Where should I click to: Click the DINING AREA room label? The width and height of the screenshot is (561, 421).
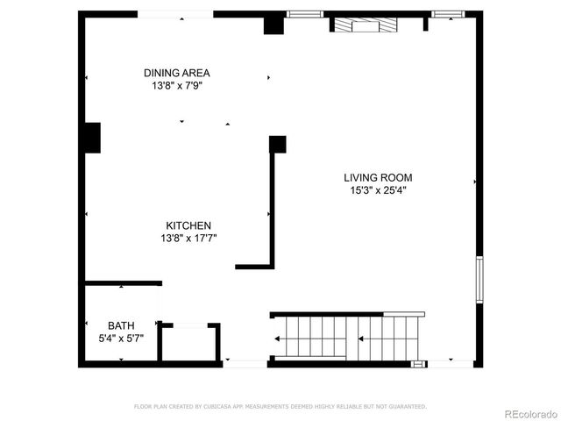point(177,73)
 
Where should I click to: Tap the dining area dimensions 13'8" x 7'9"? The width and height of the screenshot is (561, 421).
point(177,86)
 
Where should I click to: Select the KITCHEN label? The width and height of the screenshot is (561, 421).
point(188,225)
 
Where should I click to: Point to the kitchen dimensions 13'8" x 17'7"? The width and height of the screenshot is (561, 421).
point(188,238)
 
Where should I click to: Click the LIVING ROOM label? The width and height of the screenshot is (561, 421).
point(377,177)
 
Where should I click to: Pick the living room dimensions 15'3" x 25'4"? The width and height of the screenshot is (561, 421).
point(377,189)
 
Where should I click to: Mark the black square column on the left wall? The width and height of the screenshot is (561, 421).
point(92,139)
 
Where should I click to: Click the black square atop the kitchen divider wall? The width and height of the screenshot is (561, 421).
point(278,144)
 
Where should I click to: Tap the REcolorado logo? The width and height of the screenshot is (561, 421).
point(528,412)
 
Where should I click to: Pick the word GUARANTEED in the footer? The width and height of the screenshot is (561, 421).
point(407,406)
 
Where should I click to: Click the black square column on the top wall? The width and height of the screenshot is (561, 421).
point(274,25)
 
